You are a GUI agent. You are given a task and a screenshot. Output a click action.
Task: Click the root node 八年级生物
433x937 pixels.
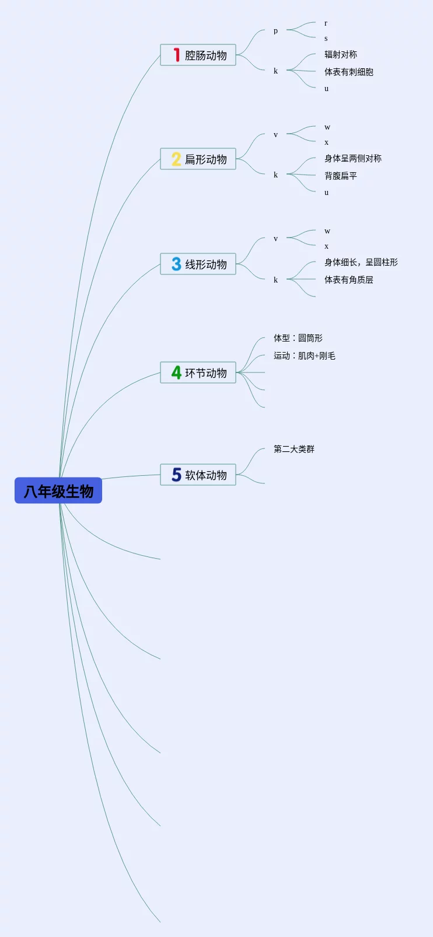coord(58,491)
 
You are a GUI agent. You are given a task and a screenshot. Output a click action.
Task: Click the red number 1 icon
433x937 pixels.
coord(176,55)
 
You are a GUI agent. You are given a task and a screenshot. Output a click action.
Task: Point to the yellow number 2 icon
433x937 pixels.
coord(176,159)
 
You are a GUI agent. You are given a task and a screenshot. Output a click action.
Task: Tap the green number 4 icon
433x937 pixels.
coord(176,372)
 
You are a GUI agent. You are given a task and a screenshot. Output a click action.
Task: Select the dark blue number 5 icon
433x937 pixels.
coord(176,475)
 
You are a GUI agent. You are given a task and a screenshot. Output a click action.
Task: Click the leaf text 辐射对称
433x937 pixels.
coord(341,54)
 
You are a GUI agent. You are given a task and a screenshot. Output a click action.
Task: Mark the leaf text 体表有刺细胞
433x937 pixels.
coord(349,72)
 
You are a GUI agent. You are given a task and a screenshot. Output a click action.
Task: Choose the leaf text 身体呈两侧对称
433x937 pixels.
coord(353,158)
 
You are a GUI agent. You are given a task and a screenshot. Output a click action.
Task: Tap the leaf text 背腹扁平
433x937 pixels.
coord(341,176)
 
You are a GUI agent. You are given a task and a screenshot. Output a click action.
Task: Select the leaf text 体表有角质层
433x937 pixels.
coord(349,280)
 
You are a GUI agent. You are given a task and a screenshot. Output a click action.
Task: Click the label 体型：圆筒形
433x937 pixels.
coord(298,338)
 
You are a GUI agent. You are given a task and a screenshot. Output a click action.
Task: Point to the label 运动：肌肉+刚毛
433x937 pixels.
coord(305,356)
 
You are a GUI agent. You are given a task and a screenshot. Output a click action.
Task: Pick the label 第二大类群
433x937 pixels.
coord(294,449)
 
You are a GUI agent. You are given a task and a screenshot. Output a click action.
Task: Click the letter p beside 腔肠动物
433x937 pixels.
coord(275,31)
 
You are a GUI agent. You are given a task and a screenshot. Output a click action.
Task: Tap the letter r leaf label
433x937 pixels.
coord(326,23)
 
